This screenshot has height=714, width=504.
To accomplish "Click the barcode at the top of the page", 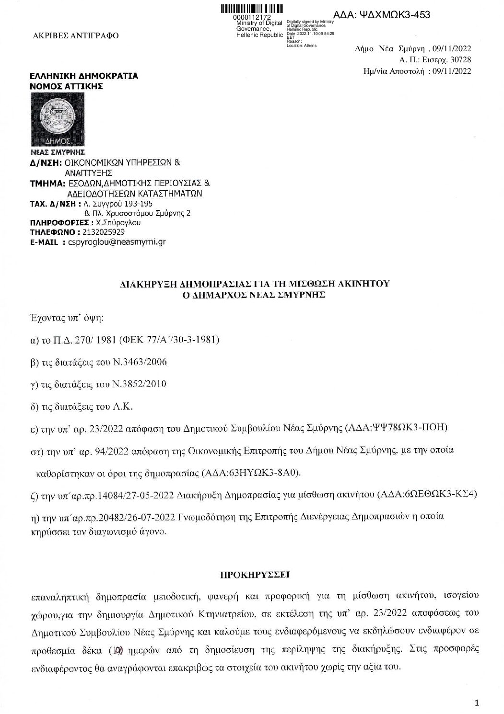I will (x=252, y=9).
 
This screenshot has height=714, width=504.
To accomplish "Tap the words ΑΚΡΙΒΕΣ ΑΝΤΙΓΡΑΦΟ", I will (x=75, y=35).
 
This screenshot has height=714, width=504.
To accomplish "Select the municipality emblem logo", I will (x=51, y=120).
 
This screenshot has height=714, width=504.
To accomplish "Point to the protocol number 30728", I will (x=460, y=60).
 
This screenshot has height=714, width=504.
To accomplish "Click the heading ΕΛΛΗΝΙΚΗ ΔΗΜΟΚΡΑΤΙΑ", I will (x=83, y=76).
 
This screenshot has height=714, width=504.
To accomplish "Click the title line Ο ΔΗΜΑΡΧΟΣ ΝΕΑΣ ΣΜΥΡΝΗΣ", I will (x=251, y=295).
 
